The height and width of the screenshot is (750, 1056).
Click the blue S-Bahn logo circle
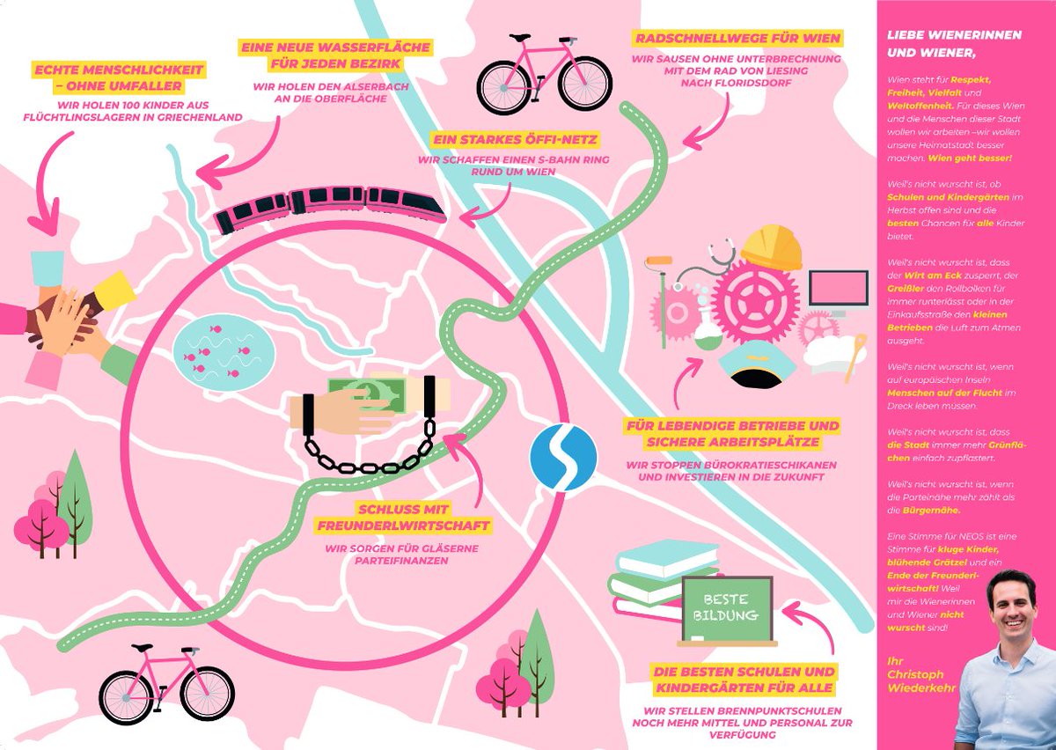(x=563, y=458)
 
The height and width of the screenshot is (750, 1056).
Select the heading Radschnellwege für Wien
(x=737, y=39)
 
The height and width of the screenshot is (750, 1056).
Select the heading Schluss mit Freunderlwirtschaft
(x=404, y=518)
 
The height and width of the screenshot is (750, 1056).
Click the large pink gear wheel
(x=753, y=300)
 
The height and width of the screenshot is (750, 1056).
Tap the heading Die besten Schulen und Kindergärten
(x=744, y=679)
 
